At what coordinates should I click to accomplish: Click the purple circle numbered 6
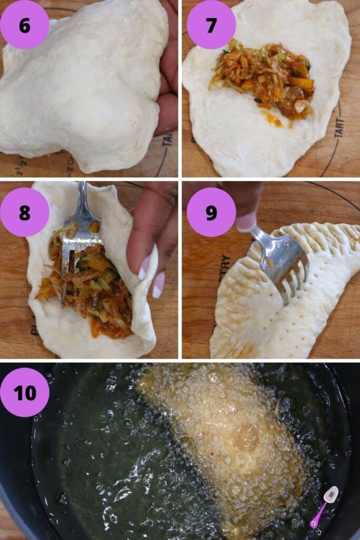(24, 24)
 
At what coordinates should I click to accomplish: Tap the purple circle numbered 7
(211, 24)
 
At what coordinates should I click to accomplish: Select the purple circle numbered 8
(24, 212)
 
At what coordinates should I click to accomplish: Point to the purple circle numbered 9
(211, 212)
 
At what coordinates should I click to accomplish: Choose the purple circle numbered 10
(24, 392)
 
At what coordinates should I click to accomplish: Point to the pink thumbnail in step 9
(246, 221)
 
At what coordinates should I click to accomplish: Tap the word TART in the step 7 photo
(338, 127)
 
